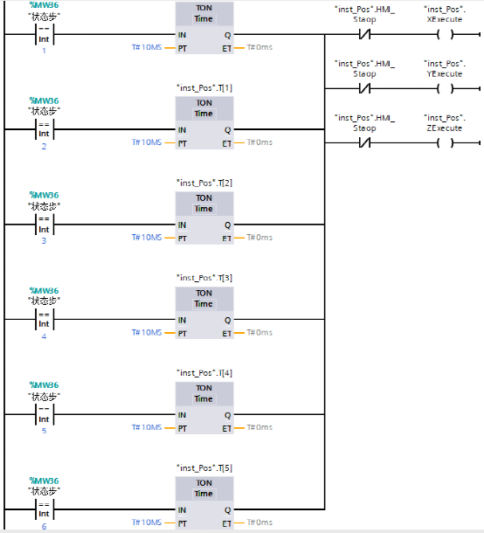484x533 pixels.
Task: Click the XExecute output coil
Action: click(444, 36)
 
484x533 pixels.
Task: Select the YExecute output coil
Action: click(444, 89)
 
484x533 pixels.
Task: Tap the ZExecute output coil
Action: click(444, 142)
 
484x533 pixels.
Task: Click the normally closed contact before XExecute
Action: click(364, 36)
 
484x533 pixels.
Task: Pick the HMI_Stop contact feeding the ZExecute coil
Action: click(364, 142)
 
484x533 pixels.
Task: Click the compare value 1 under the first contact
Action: click(43, 51)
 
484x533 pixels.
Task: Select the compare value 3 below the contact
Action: click(43, 240)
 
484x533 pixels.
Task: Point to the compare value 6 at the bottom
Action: click(43, 525)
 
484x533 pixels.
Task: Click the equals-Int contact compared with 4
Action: click(43, 320)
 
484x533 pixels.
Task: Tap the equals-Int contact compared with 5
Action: click(43, 415)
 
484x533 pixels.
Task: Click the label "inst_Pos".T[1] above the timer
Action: click(204, 88)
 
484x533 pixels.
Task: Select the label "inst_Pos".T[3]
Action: click(204, 278)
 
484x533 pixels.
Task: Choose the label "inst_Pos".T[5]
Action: click(204, 467)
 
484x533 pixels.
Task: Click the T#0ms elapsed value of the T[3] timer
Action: click(259, 332)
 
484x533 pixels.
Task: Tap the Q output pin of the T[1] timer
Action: click(227, 130)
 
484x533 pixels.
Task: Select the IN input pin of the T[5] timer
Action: click(182, 510)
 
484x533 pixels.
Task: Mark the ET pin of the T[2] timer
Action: click(226, 237)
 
